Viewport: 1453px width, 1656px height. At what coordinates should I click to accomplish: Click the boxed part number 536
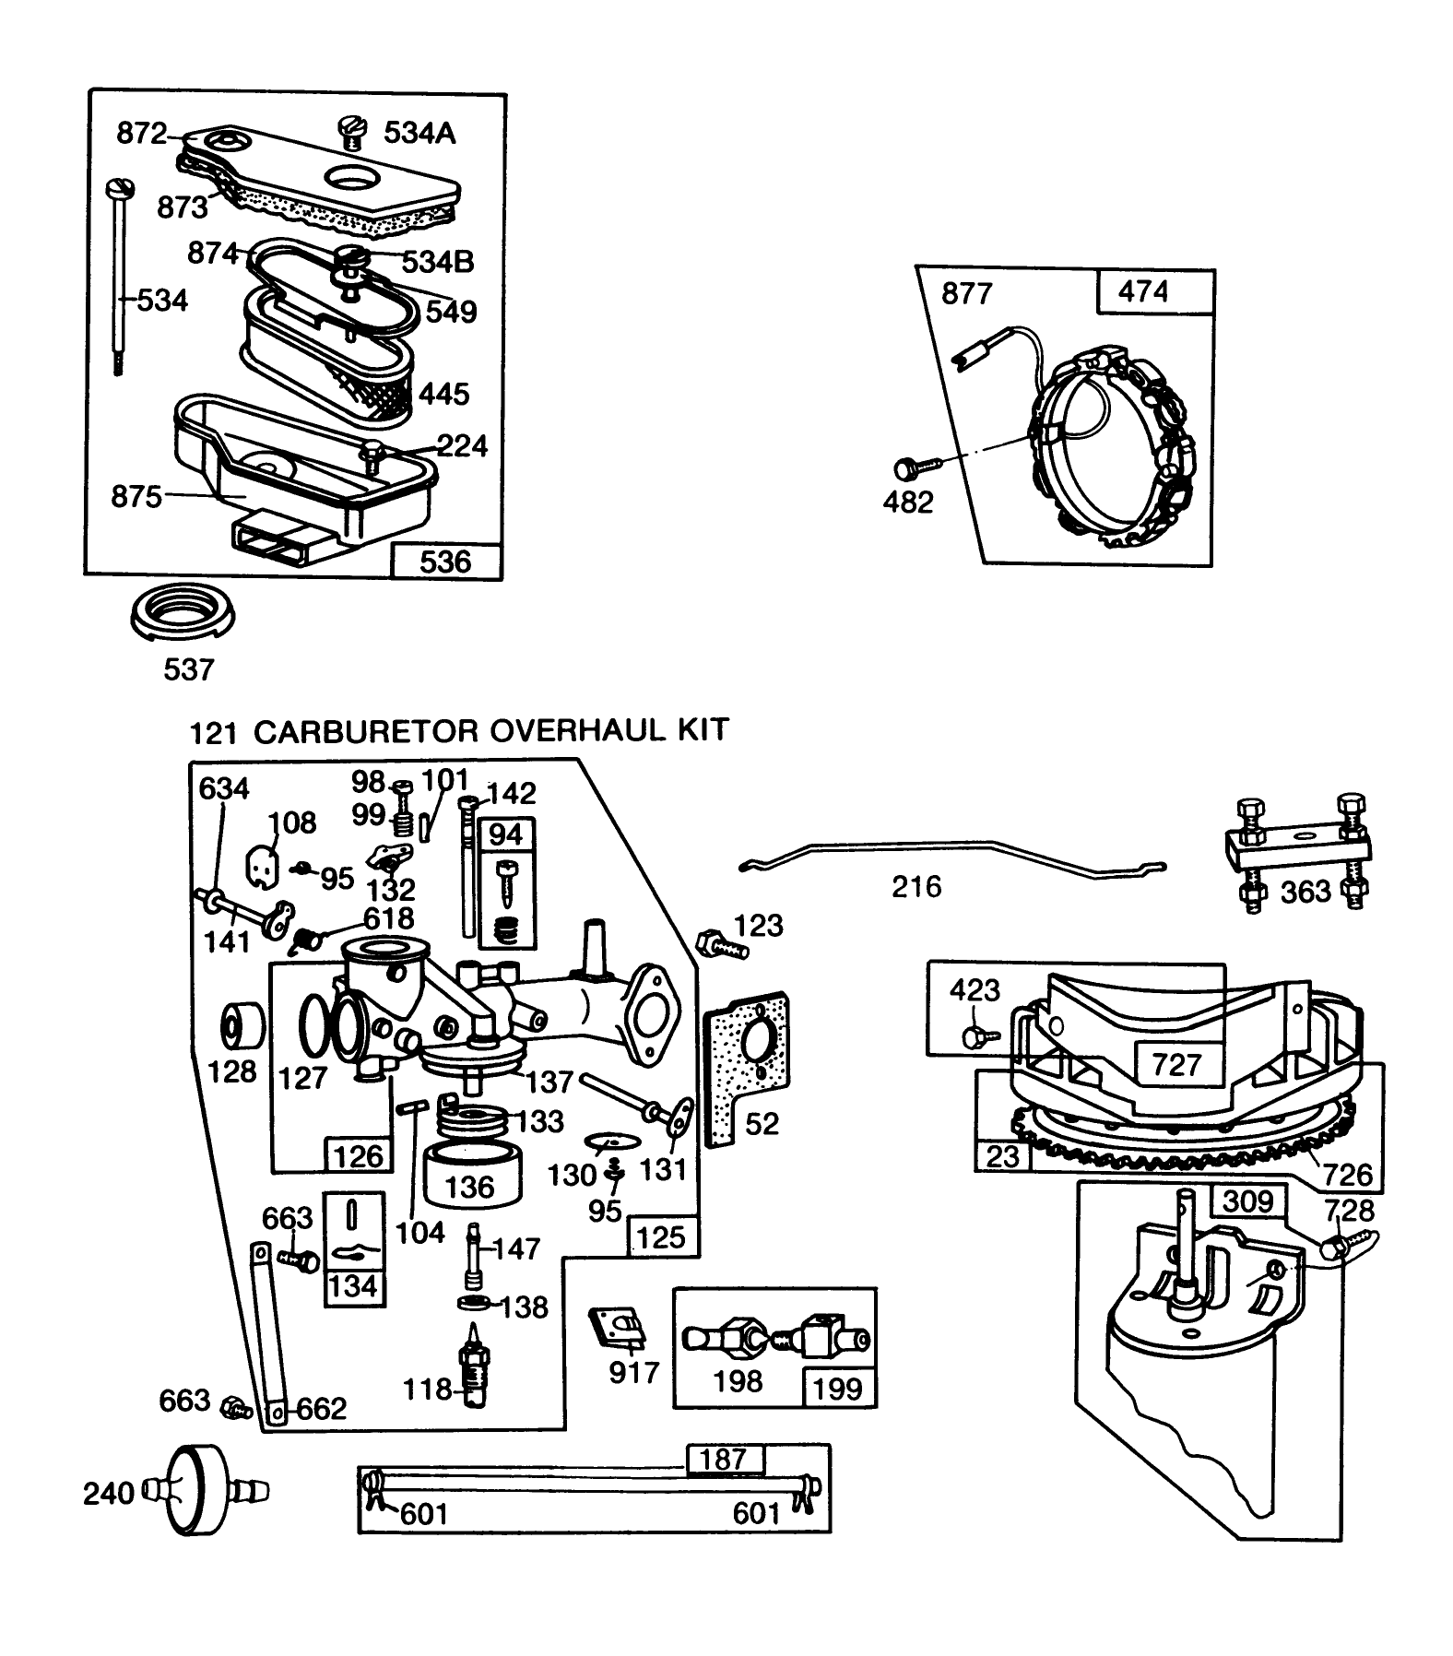[x=446, y=562]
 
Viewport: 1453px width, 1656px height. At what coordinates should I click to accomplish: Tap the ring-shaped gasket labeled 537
[x=183, y=612]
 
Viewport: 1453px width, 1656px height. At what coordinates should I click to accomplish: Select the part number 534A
[x=419, y=134]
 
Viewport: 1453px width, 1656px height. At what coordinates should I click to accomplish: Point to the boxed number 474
[x=1142, y=292]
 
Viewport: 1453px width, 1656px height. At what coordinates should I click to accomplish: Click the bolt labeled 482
[x=910, y=469]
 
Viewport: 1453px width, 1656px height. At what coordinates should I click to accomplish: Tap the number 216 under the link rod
[x=916, y=887]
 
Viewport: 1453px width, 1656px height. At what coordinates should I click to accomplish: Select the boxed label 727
[x=1176, y=1064]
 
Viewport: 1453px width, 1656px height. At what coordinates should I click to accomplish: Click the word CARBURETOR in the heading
[x=365, y=731]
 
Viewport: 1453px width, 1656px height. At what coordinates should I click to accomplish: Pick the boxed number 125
[x=661, y=1237]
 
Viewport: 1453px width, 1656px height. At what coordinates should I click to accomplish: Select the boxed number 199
[x=838, y=1389]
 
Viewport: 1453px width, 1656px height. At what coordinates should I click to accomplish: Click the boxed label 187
[x=724, y=1459]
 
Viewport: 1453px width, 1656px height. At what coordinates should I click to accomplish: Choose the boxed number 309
[x=1247, y=1202]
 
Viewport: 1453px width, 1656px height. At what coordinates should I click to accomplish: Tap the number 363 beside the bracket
[x=1305, y=892]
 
